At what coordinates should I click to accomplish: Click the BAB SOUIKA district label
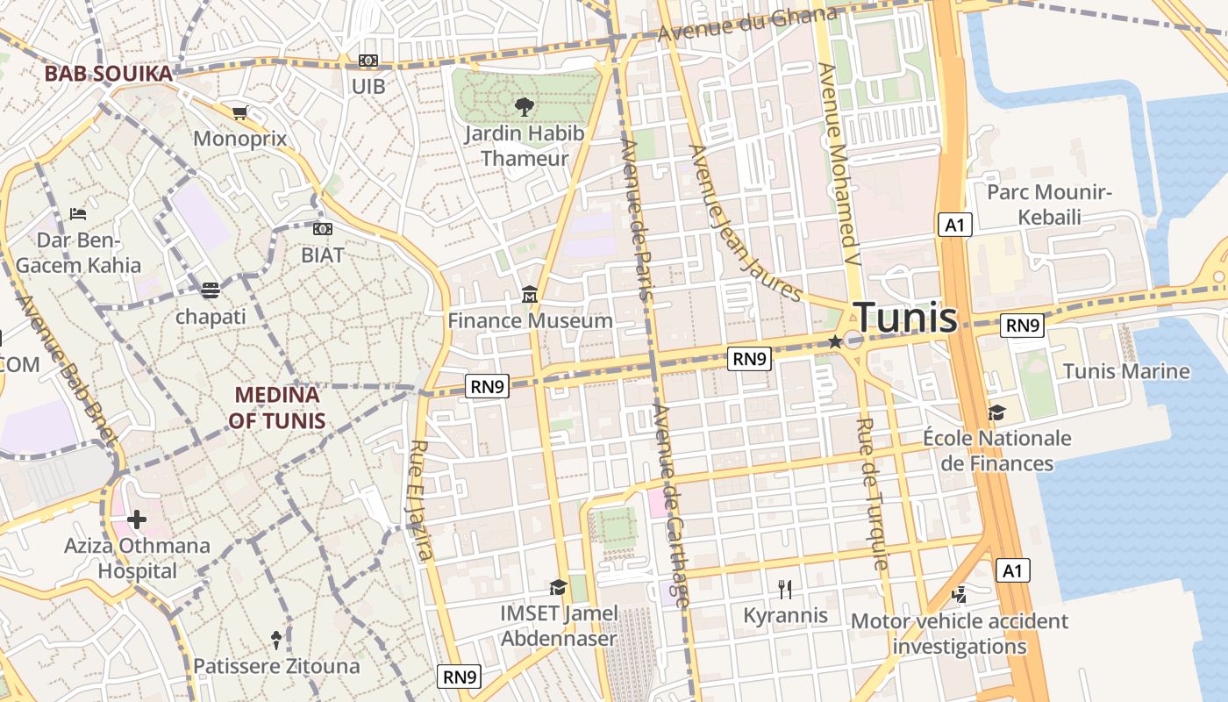[109, 74]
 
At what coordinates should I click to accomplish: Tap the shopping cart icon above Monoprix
[239, 112]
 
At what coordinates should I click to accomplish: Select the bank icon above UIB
[368, 61]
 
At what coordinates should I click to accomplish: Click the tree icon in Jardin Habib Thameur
[525, 107]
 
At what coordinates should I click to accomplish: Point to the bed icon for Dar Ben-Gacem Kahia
[78, 213]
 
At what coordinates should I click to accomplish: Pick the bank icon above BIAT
[323, 229]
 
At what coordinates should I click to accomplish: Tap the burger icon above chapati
[211, 290]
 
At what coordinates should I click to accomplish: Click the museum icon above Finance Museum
[530, 294]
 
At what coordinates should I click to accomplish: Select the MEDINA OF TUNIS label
[277, 408]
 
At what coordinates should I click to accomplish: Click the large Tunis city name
[905, 318]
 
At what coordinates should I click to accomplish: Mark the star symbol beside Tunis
[835, 341]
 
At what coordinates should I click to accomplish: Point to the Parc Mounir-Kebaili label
[1050, 204]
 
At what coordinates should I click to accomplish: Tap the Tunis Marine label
[1126, 371]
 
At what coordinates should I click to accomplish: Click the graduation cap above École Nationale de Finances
[996, 412]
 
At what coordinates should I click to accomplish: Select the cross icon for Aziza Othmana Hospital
[137, 519]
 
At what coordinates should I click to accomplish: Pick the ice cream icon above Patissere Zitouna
[276, 639]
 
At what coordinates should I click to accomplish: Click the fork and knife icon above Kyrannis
[785, 589]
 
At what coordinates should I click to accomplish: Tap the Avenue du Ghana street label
[747, 25]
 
